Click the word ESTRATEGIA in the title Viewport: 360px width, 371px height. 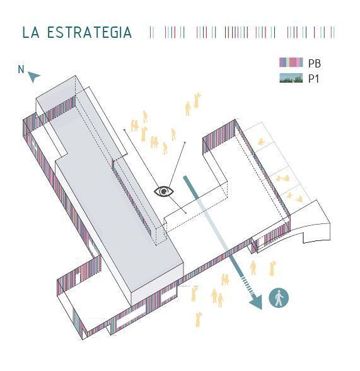pyautogui.click(x=90, y=32)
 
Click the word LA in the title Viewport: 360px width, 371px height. pyautogui.click(x=31, y=32)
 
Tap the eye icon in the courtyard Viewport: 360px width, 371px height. pyautogui.click(x=164, y=191)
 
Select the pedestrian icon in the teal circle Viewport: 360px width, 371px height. pyautogui.click(x=279, y=298)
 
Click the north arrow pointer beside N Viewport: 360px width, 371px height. pyautogui.click(x=34, y=76)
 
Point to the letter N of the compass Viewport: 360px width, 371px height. pyautogui.click(x=21, y=69)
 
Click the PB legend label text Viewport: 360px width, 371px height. pyautogui.click(x=315, y=63)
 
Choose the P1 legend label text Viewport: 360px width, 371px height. pyautogui.click(x=313, y=78)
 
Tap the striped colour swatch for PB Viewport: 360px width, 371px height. pyautogui.click(x=291, y=62)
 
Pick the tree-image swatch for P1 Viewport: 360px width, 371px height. pyautogui.click(x=291, y=78)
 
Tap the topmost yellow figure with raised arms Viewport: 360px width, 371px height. pyautogui.click(x=197, y=100)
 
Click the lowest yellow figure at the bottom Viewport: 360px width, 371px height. pyautogui.click(x=199, y=320)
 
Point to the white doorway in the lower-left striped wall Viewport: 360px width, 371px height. pyautogui.click(x=78, y=278)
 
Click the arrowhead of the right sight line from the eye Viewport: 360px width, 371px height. pyautogui.click(x=184, y=143)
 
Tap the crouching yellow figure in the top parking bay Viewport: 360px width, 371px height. pyautogui.click(x=261, y=142)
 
